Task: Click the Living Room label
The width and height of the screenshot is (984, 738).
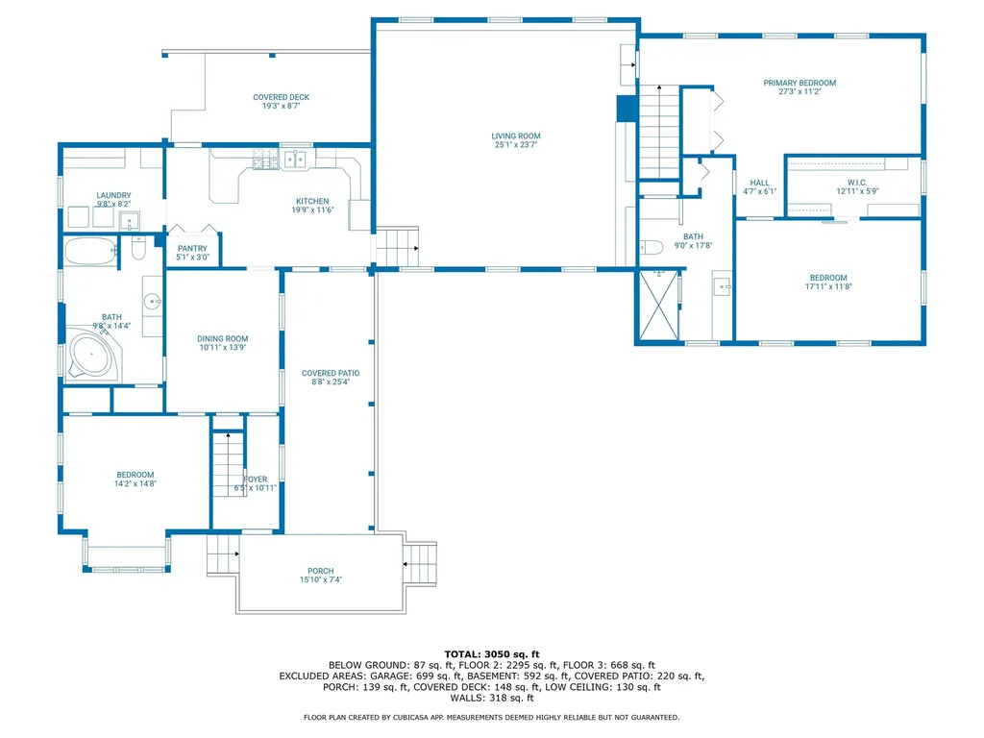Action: click(516, 135)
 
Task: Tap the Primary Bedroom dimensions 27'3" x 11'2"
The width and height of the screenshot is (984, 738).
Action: click(799, 93)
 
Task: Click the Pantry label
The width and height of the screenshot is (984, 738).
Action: click(192, 248)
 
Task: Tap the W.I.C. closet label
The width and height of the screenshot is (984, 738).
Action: click(857, 182)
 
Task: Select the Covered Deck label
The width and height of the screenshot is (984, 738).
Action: click(281, 97)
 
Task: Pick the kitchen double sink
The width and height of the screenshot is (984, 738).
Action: click(294, 159)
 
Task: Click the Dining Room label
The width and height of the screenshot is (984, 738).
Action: click(223, 338)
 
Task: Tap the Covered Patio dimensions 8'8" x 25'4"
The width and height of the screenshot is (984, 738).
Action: click(331, 382)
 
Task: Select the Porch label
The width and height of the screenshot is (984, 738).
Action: click(320, 571)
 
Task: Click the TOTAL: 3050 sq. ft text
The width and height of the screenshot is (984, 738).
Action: click(491, 653)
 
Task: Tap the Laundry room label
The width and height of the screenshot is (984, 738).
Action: click(113, 195)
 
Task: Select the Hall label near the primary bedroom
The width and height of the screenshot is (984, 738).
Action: click(760, 182)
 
